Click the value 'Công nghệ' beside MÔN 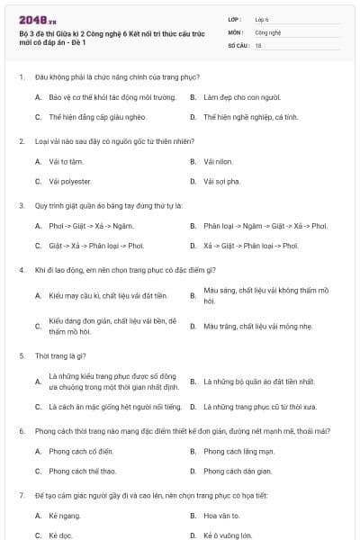pyautogui.click(x=268, y=31)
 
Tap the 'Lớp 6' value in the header pyautogui.click(x=262, y=19)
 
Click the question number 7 pyautogui.click(x=21, y=496)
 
